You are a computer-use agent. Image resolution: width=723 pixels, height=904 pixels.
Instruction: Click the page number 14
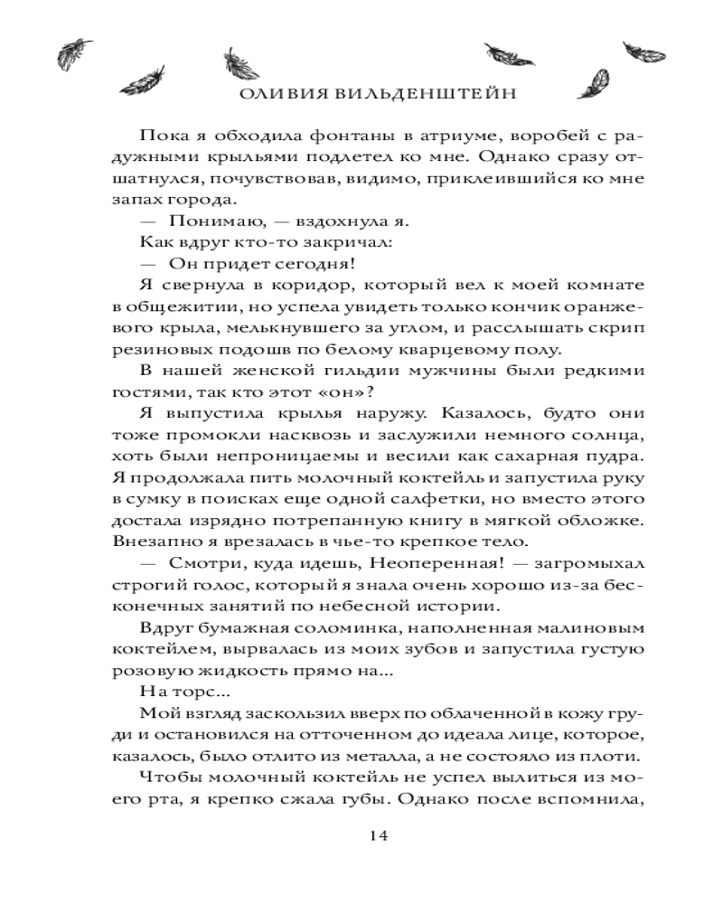pos(379,834)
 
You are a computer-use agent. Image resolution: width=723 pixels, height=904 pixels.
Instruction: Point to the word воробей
pos(543,137)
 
